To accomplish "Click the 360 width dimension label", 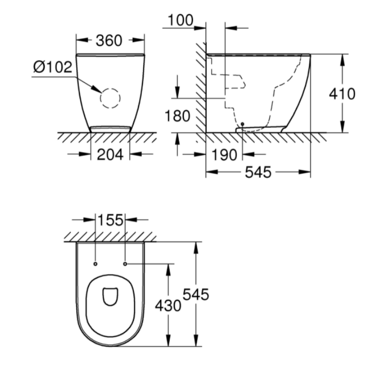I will point(109,40).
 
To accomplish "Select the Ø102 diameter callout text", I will point(52,67).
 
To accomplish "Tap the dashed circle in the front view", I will point(110,98).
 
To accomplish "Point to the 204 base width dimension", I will point(110,154).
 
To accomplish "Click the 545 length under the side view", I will point(258,172).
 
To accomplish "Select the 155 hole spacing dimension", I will point(110,219).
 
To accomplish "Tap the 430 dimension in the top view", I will point(168,305).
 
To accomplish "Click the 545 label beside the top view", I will point(196,295).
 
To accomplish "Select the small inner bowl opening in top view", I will point(110,296).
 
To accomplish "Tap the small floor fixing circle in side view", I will point(242,124).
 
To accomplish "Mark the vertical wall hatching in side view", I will point(200,91).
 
